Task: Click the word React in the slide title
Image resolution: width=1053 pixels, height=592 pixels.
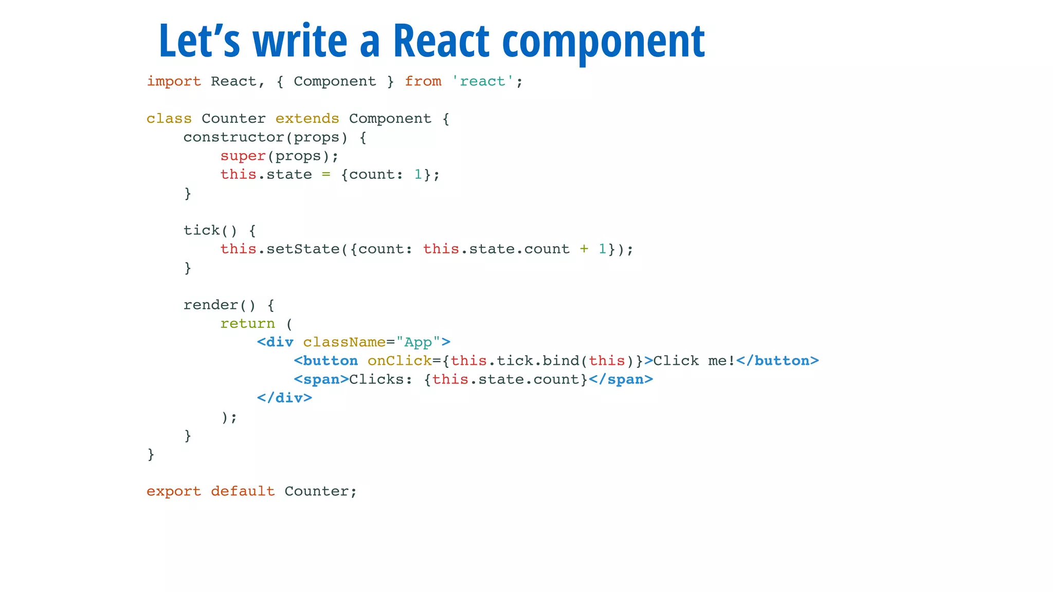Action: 441,41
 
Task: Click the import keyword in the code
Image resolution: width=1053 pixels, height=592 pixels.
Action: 174,81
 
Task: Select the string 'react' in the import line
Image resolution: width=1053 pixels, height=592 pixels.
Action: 482,81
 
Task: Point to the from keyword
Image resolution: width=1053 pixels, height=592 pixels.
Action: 423,81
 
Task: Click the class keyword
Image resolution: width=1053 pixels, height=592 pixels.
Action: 169,119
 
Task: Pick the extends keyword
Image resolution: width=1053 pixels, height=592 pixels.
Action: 307,119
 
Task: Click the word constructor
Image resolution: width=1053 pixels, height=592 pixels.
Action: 233,137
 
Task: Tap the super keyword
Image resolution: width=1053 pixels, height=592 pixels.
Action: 243,156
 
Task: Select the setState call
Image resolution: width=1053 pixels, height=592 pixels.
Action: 303,249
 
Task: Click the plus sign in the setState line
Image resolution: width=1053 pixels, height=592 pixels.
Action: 584,249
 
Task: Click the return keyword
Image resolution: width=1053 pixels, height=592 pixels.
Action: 247,324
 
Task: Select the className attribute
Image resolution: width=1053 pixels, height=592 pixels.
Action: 344,342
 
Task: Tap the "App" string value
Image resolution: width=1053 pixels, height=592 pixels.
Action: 417,342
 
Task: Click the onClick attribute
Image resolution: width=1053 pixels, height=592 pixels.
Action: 399,361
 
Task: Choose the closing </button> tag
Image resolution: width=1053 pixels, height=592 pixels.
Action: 777,361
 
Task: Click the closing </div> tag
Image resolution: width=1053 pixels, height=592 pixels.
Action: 284,398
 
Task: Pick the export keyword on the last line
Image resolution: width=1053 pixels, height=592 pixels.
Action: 174,491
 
